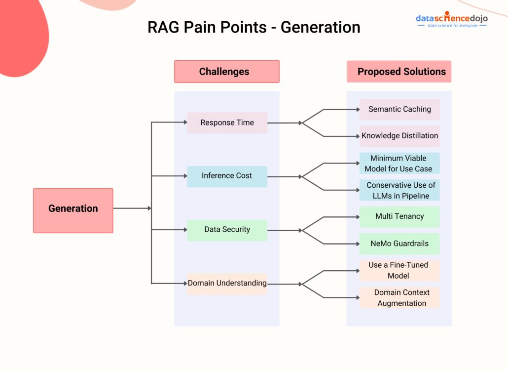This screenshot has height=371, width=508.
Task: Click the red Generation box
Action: tap(73, 210)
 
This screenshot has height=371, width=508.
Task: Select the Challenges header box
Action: tap(226, 72)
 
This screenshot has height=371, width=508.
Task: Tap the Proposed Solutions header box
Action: tap(399, 72)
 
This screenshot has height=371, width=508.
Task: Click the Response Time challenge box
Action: tap(227, 123)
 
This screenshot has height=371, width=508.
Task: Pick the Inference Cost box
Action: tap(227, 176)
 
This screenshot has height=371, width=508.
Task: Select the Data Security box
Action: tap(227, 230)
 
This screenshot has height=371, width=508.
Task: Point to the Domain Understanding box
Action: tap(227, 284)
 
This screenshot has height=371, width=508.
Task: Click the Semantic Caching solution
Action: tap(399, 109)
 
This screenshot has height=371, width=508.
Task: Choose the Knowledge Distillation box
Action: tap(399, 136)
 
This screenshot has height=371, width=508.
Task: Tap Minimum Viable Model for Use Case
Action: tap(399, 164)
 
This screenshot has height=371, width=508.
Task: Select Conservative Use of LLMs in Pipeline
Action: tap(399, 190)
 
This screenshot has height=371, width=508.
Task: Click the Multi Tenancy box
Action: tap(399, 217)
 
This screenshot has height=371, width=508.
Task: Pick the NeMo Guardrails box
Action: tap(399, 244)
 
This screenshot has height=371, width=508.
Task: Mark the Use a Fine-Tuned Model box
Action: tap(399, 270)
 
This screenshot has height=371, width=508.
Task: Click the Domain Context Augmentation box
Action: tap(399, 297)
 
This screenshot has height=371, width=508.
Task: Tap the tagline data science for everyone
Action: tap(452, 26)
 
